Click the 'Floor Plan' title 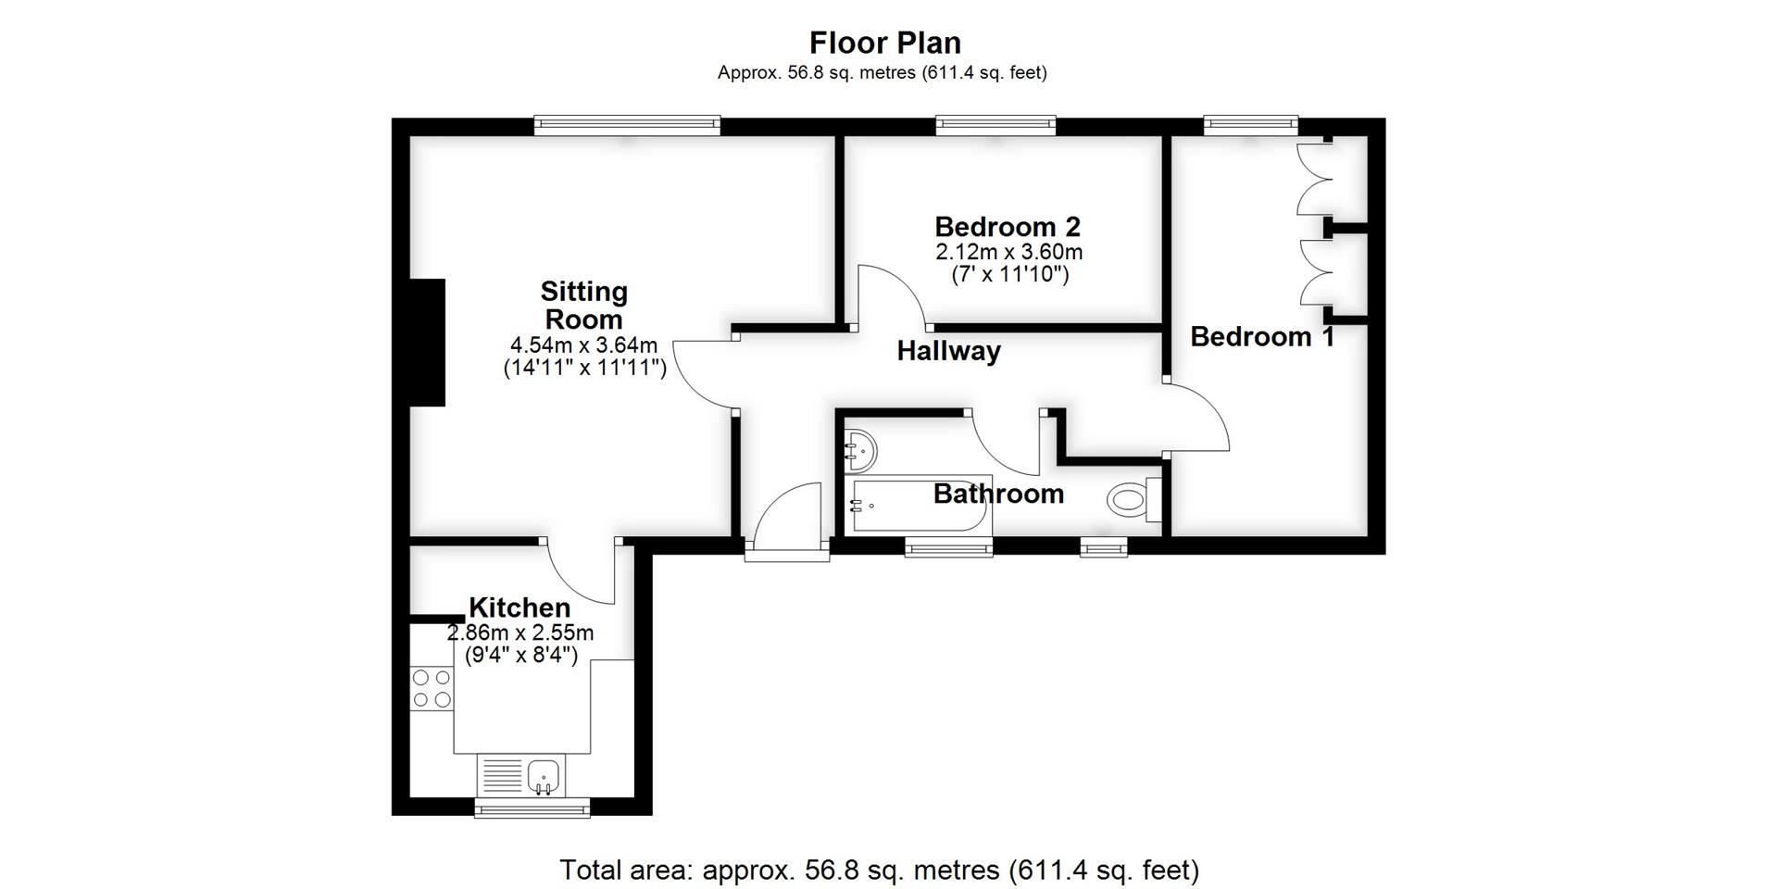click(x=885, y=43)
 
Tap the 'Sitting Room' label click(x=583, y=306)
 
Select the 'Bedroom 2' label click(x=1008, y=227)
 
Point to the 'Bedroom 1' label click(x=1262, y=337)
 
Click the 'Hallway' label click(x=948, y=351)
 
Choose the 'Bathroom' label click(x=998, y=494)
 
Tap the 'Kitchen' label click(x=520, y=607)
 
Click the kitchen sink click(x=544, y=775)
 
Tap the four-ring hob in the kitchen click(x=432, y=688)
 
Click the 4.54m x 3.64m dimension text click(x=583, y=345)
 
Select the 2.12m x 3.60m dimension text click(x=1008, y=252)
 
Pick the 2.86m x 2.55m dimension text click(x=520, y=633)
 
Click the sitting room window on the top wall click(x=627, y=126)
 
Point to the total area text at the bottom click(x=879, y=870)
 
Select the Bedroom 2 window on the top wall click(x=995, y=126)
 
